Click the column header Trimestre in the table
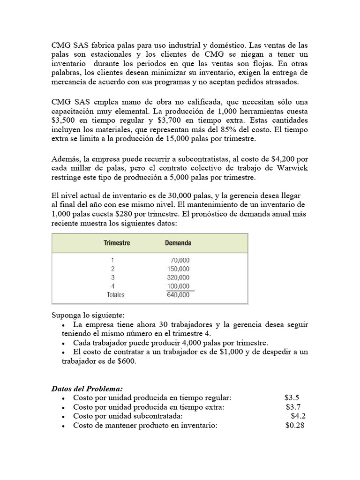(x=117, y=243)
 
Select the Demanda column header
(x=178, y=243)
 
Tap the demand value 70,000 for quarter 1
(x=180, y=260)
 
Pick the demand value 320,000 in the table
(x=179, y=277)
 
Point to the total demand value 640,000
(x=179, y=295)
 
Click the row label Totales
(x=116, y=295)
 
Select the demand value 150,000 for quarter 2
(x=179, y=269)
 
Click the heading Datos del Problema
(x=87, y=389)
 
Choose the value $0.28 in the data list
(x=295, y=425)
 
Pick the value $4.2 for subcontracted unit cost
(x=298, y=416)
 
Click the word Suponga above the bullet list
(x=66, y=315)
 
